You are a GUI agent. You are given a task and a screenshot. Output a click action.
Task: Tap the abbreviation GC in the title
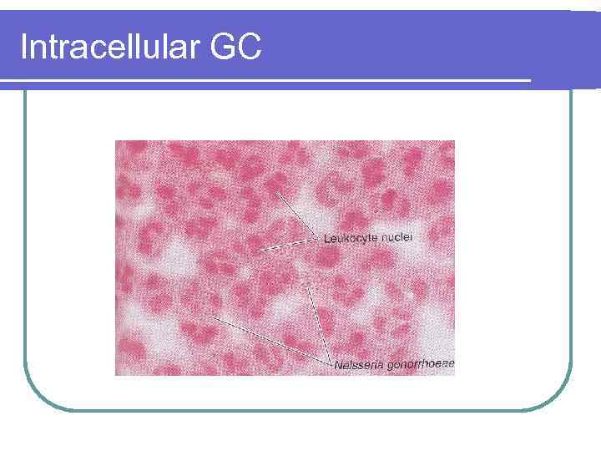pos(237,48)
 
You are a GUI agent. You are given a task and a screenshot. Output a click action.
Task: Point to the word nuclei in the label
pos(400,238)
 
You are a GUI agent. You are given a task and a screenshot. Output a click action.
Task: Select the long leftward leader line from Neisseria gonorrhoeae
pos(267,340)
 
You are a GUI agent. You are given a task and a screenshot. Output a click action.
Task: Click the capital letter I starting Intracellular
pos(23,48)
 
